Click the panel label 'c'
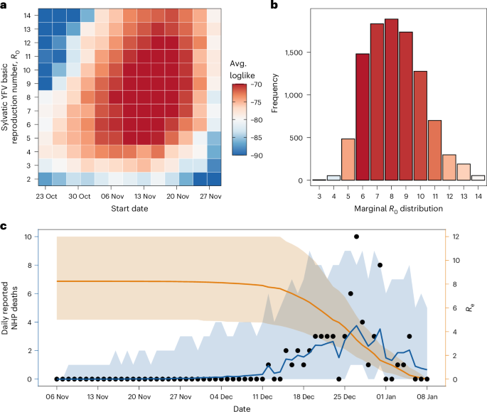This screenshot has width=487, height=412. [5, 227]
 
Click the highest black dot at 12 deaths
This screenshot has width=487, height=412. [356, 237]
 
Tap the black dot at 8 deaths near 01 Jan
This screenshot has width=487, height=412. [380, 265]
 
